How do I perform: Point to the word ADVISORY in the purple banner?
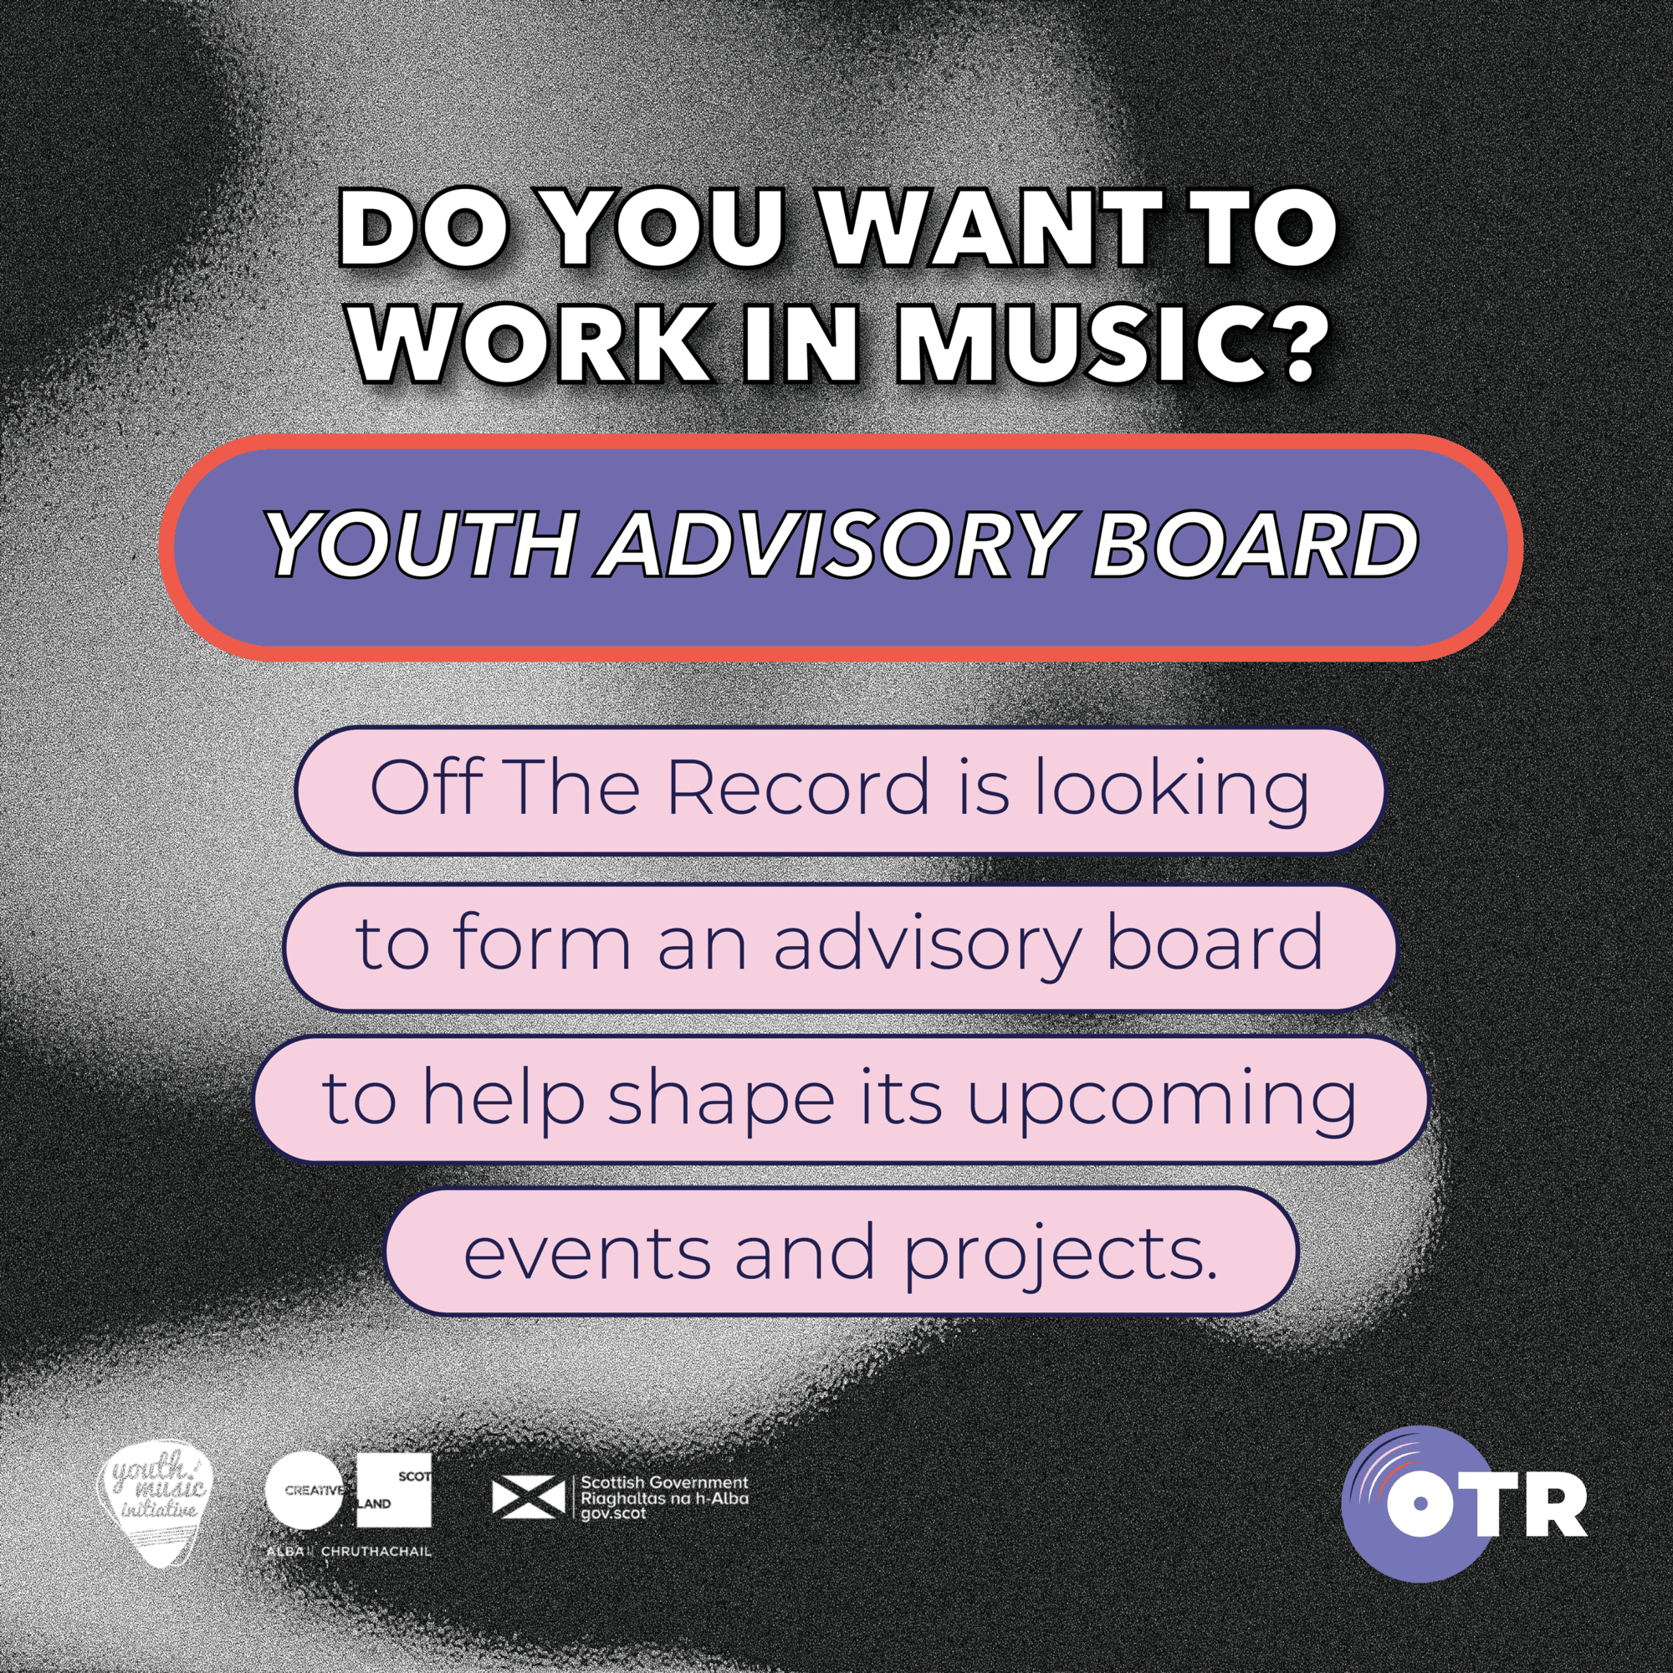pyautogui.click(x=833, y=545)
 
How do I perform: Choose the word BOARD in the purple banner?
pyautogui.click(x=1253, y=545)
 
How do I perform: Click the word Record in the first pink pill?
pyautogui.click(x=796, y=788)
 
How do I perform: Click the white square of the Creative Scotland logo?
pyautogui.click(x=394, y=1490)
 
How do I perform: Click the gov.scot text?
pyautogui.click(x=613, y=1512)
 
